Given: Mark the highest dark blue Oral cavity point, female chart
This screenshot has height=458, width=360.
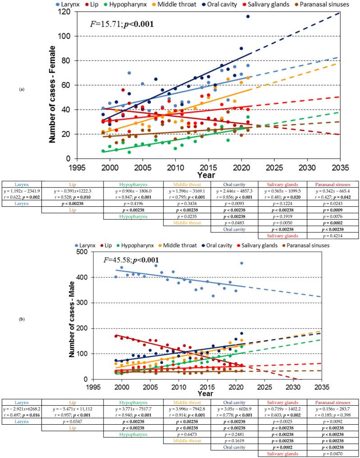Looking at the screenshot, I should [x=248, y=16].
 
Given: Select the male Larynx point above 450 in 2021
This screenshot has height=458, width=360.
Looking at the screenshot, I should [x=242, y=263].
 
